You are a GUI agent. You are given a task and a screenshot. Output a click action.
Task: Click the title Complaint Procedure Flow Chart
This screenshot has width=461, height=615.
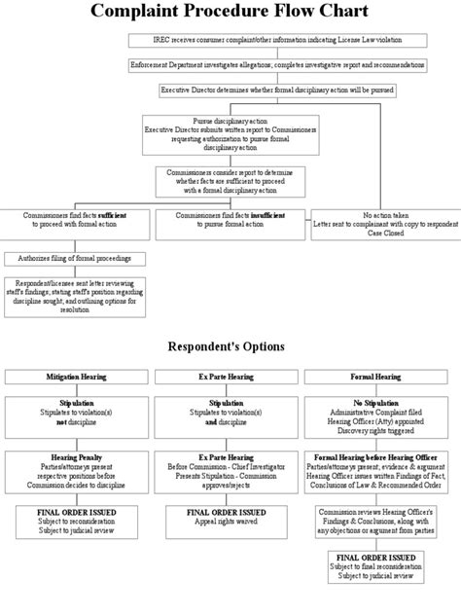[x=230, y=12]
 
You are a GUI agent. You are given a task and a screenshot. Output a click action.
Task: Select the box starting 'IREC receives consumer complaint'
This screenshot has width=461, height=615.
[x=277, y=40]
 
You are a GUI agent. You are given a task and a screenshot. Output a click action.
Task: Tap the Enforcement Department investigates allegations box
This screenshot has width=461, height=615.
[x=277, y=64]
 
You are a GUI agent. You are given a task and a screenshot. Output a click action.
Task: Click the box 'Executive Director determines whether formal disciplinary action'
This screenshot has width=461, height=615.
[x=277, y=90]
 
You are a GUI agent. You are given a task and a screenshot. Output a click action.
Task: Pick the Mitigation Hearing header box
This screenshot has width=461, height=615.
[x=76, y=376]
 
